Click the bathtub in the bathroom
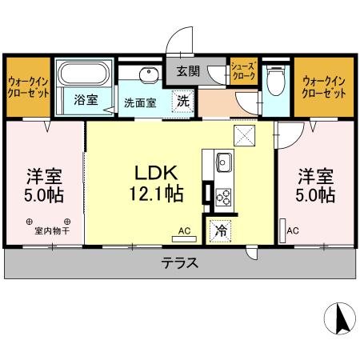click(85, 75)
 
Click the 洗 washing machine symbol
click(183, 102)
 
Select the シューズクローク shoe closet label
click(242, 71)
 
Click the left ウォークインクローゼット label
click(29, 86)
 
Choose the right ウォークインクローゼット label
click(325, 86)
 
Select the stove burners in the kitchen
click(222, 195)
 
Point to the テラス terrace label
click(179, 262)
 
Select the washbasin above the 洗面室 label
click(148, 77)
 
